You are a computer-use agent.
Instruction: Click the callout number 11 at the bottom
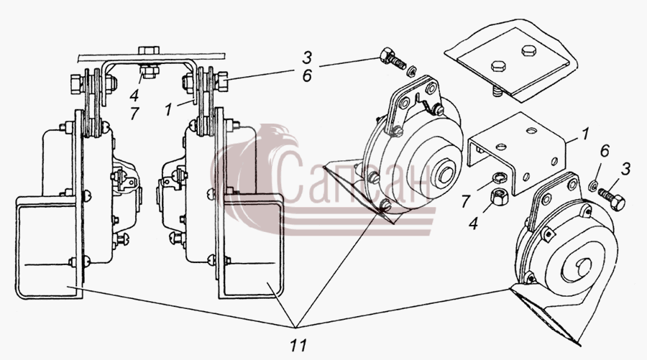coord(298,345)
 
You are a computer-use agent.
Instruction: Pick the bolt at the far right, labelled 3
coord(612,199)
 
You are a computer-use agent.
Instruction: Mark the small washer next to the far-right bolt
coord(592,185)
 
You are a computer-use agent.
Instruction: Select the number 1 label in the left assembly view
coord(168,110)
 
